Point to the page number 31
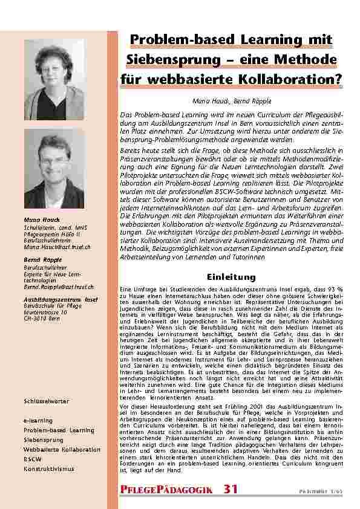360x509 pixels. pyautogui.click(x=231, y=488)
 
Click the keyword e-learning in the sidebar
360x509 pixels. pyautogui.click(x=38, y=420)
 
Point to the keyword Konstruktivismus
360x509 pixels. pyautogui.click(x=48, y=468)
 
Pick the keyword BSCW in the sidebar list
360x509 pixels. pyautogui.click(x=31, y=459)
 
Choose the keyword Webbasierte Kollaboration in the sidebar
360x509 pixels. pyautogui.click(x=62, y=449)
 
